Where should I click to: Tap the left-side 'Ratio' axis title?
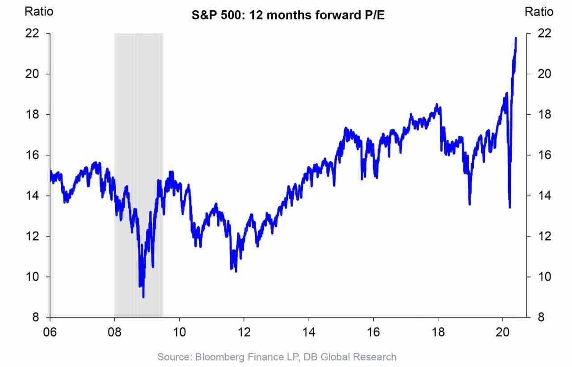(39, 12)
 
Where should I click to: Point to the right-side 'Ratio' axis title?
(539, 12)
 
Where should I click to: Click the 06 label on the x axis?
(50, 333)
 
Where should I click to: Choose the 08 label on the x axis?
(115, 333)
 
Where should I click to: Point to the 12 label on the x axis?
(244, 333)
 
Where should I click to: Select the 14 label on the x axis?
(309, 333)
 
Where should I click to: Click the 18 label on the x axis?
(438, 333)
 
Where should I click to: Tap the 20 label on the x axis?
(503, 333)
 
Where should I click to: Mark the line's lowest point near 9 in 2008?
(143, 297)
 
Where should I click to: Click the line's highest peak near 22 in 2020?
(516, 38)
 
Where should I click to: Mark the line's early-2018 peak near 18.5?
(437, 104)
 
